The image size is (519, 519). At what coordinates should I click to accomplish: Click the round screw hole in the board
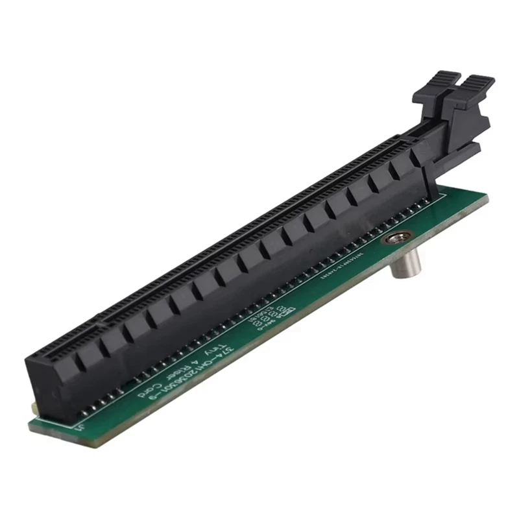point(392,239)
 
